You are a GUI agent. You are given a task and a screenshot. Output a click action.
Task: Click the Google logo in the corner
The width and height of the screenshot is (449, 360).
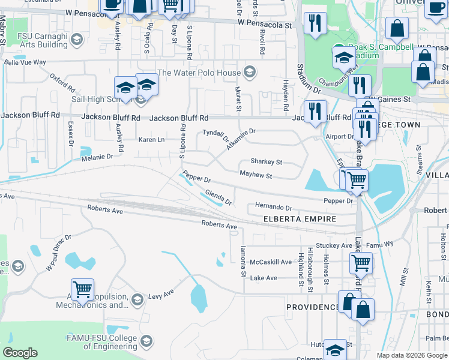(20, 353)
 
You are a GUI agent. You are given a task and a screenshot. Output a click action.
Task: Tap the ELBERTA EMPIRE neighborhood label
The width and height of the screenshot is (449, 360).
(298, 220)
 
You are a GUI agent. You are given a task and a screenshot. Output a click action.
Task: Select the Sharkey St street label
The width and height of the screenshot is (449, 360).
(266, 161)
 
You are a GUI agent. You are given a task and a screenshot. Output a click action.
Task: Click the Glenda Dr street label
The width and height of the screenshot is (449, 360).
(218, 197)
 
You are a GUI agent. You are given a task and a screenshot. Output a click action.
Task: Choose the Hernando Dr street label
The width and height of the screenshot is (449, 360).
(273, 206)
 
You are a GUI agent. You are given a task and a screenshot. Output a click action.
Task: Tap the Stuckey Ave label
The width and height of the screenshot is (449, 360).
(334, 245)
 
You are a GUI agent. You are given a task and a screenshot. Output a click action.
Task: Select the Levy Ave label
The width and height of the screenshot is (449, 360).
(160, 294)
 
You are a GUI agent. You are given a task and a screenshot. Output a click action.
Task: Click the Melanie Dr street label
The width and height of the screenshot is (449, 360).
(97, 157)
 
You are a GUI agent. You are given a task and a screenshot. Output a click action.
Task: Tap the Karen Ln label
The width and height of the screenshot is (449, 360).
(151, 140)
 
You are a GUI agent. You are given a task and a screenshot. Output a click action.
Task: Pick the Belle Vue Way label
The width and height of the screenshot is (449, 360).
(25, 62)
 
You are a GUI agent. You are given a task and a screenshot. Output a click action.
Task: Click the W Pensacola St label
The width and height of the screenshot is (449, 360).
(264, 25)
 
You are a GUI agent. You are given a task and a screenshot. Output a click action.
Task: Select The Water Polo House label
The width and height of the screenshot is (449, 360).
(199, 73)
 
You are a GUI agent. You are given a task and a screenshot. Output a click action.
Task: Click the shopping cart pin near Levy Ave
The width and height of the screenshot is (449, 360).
(82, 290)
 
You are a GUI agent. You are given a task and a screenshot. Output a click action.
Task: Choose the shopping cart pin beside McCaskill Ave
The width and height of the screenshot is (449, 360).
(361, 262)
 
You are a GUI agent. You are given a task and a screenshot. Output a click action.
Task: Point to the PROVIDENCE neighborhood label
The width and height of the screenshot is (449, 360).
(312, 307)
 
